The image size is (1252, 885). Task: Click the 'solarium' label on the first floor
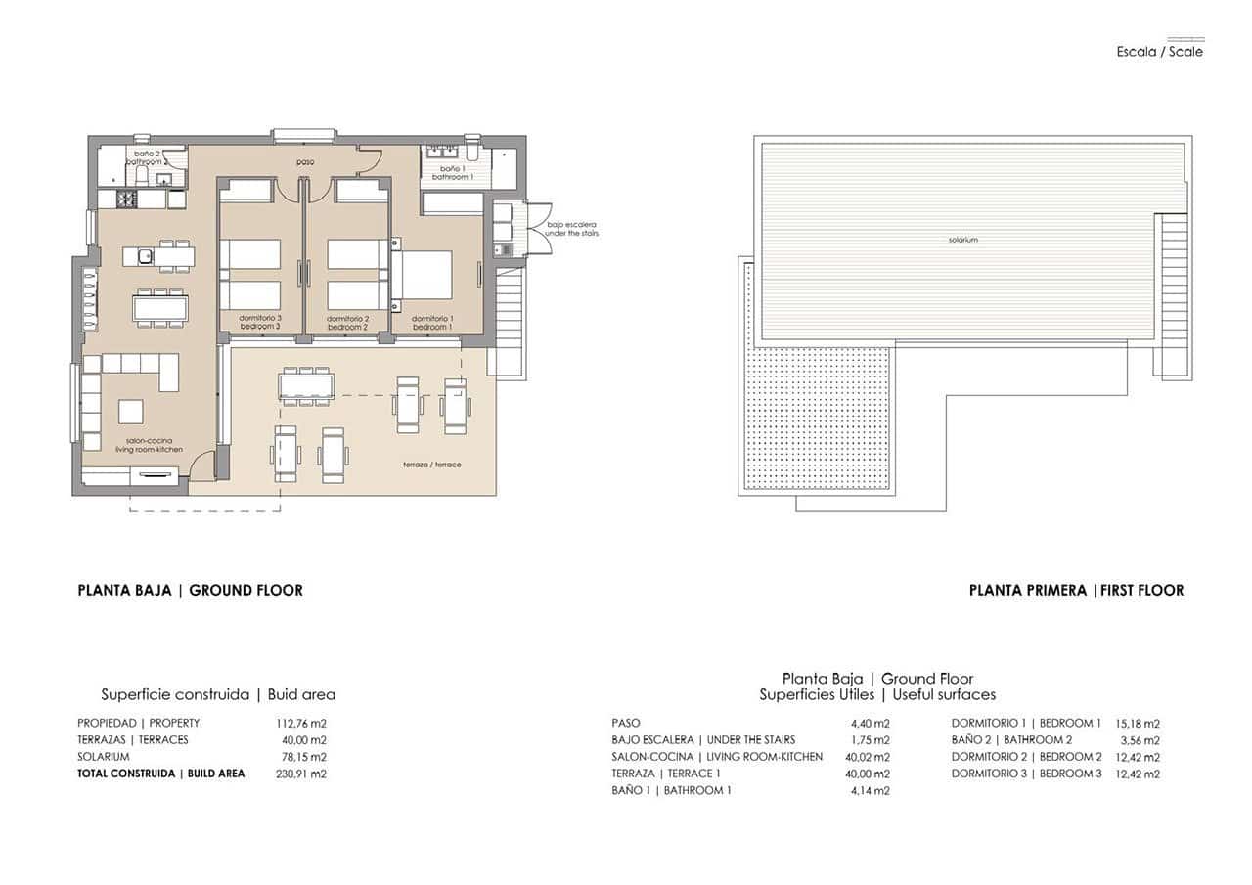(962, 240)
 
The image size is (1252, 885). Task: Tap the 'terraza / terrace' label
(431, 465)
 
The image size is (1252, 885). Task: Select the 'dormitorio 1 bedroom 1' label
(431, 323)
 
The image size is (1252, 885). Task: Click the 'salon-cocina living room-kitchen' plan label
(149, 445)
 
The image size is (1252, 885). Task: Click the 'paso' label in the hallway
(306, 162)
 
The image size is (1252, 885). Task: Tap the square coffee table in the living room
(131, 411)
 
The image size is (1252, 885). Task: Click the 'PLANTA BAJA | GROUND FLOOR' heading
(190, 590)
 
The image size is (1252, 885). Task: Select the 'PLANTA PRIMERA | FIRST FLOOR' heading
(1076, 590)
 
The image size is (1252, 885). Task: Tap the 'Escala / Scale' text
(1160, 52)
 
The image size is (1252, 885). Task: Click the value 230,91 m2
(301, 774)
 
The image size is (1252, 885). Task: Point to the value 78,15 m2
(303, 757)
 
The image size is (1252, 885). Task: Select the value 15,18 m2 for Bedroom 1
(1137, 724)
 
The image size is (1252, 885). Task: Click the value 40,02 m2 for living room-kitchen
(870, 757)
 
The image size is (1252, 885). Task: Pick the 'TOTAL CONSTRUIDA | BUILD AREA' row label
(161, 774)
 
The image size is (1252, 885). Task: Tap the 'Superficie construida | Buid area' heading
(218, 695)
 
